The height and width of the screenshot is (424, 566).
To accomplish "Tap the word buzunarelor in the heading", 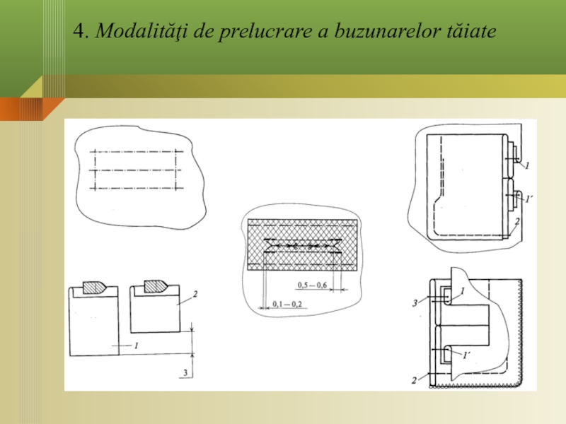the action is point(387,31).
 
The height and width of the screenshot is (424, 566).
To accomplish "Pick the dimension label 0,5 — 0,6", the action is point(312,285).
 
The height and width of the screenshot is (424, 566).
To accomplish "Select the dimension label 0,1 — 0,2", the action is point(287,304).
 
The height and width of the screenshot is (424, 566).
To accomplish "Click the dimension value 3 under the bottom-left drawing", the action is point(185,372).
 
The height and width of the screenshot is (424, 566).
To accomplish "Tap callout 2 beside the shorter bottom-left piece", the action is point(195,294).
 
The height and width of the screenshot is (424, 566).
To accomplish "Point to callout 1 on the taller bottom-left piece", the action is point(136,346).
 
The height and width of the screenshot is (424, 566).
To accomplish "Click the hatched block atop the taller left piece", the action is point(95,288).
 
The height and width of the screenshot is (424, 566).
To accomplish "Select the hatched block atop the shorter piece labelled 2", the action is point(156,286).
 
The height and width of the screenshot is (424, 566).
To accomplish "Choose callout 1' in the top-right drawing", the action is point(529,199).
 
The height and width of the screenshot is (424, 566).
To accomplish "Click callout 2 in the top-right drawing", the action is point(517,221).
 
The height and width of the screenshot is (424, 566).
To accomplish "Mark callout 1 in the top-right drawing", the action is point(527,165).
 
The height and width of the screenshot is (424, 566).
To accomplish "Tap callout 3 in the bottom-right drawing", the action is point(415,303).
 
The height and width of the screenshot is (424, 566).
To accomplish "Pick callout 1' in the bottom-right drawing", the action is point(466,355).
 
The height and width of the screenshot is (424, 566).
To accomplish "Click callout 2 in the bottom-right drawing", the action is point(414,380).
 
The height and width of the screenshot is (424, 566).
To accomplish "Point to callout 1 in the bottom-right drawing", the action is point(463,290).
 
